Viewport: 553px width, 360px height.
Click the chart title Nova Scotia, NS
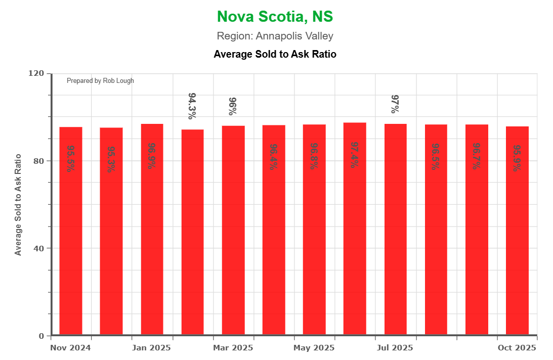[x=275, y=17]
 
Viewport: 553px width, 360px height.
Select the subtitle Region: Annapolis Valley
[x=275, y=36]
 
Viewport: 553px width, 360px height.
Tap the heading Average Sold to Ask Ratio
[x=275, y=54]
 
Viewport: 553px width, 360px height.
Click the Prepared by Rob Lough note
[x=100, y=81]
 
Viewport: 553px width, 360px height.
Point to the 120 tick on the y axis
[x=36, y=73]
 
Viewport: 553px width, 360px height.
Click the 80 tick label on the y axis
[x=39, y=161]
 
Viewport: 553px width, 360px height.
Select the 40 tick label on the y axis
[x=39, y=248]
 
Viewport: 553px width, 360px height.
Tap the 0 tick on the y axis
[x=41, y=336]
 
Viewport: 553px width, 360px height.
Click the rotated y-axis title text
[x=18, y=204]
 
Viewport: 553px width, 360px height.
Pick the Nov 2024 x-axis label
[x=70, y=348]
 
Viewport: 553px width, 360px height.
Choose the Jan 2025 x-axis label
[x=151, y=348]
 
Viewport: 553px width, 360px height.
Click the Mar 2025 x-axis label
[x=233, y=348]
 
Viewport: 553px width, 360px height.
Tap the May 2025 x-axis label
[x=314, y=348]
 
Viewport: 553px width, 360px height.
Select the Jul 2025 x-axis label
[x=395, y=348]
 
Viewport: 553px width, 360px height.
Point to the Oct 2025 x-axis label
[x=517, y=348]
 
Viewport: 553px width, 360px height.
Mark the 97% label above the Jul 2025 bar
[x=395, y=104]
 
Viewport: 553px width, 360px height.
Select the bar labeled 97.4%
[x=355, y=228]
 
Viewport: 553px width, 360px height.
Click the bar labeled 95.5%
[x=71, y=228]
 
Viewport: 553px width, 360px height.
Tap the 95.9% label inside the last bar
[x=517, y=158]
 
